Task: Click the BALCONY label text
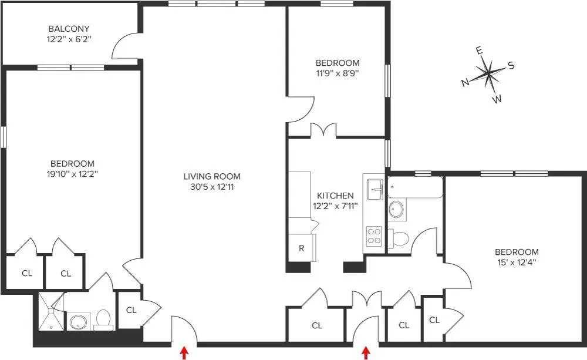click(69, 29)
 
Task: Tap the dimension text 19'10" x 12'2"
click(72, 174)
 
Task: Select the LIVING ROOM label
click(211, 176)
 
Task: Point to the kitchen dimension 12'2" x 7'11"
click(335, 206)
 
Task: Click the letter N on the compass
click(465, 83)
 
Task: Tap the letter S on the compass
click(511, 66)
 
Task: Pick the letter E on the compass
click(480, 51)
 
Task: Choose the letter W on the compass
click(497, 99)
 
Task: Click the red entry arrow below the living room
click(184, 352)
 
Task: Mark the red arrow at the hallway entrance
click(366, 352)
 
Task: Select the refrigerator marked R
click(301, 248)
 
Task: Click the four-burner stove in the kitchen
click(374, 237)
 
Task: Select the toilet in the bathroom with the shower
click(103, 319)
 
